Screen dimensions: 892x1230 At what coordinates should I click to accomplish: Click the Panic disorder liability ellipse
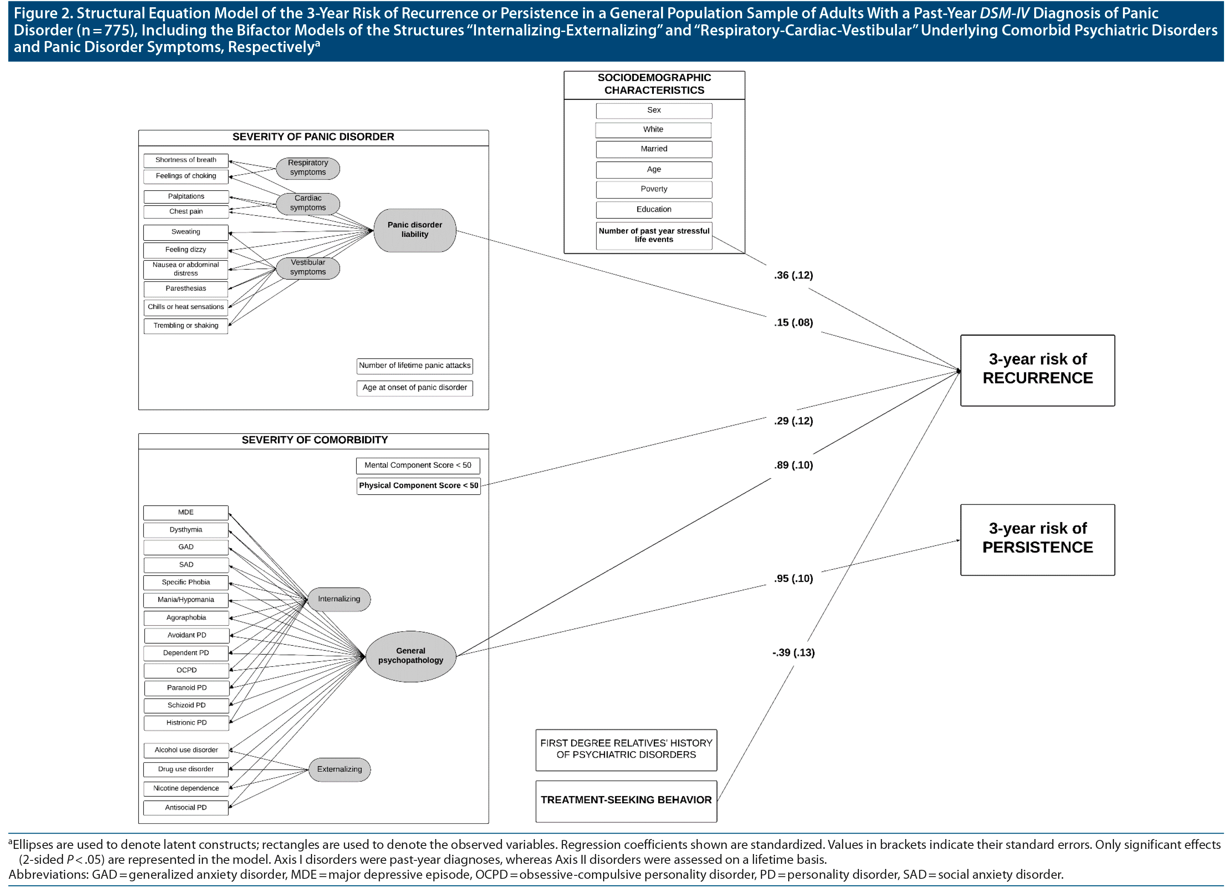click(415, 230)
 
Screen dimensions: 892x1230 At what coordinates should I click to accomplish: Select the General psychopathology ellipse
click(411, 656)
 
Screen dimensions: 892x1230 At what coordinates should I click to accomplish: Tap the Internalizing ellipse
click(339, 599)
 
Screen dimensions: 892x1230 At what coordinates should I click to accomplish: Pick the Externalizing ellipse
click(339, 770)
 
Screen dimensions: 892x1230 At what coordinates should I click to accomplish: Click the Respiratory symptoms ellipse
click(307, 168)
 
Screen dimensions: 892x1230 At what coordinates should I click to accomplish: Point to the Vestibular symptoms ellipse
click(307, 268)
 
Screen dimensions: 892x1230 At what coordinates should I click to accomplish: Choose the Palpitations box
click(186, 196)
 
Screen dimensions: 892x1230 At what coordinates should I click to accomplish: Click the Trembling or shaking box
click(186, 326)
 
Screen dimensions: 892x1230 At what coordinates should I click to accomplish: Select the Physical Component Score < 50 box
click(418, 486)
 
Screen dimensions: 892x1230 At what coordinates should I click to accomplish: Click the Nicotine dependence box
click(186, 788)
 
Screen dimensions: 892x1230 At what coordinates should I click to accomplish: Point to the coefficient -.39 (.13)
click(793, 653)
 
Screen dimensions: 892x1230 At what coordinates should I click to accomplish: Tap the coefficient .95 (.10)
click(793, 578)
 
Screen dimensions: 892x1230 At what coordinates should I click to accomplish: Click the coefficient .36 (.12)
click(793, 275)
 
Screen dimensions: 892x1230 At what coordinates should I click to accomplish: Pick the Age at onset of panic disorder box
click(415, 388)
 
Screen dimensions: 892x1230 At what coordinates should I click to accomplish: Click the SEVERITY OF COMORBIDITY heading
click(315, 440)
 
